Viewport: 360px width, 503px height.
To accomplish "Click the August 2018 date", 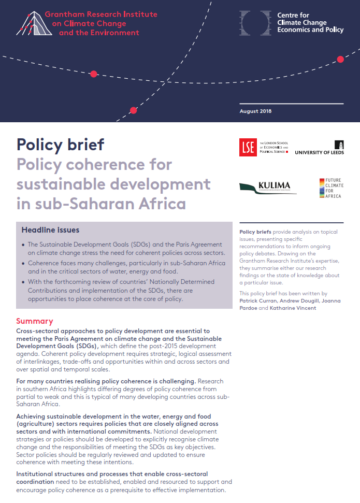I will (x=255, y=111).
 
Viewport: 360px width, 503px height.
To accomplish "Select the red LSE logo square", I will (x=248, y=148).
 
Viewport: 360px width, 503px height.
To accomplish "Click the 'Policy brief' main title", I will (x=60, y=143).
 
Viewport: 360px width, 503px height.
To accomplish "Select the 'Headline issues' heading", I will (x=50, y=229).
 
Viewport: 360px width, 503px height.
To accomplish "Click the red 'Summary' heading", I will (x=34, y=321).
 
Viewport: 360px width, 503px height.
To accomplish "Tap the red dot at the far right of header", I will (x=340, y=59).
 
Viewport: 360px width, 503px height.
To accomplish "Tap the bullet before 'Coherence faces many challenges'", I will (x=23, y=263).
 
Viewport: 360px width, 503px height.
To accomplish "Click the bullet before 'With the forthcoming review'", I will (x=23, y=282).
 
